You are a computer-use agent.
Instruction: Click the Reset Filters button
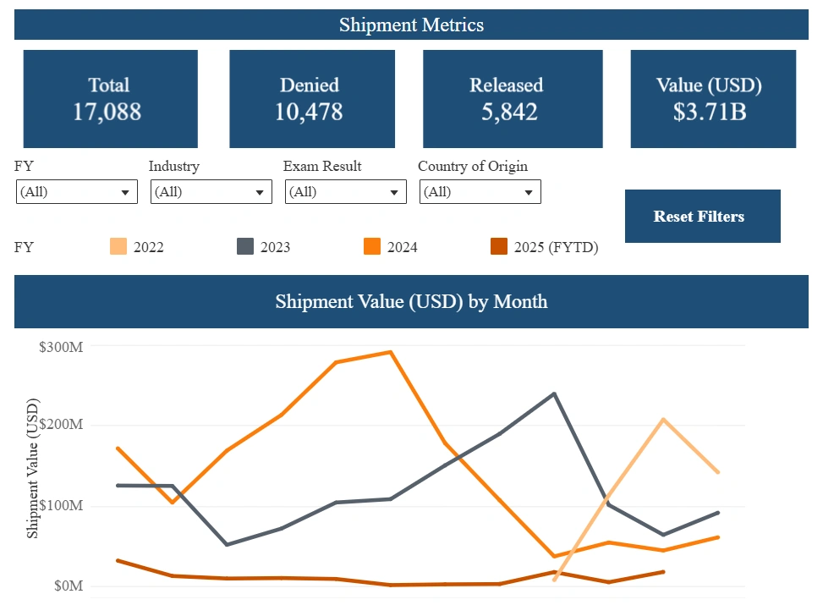coord(699,217)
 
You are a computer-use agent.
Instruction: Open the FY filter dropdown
coord(76,192)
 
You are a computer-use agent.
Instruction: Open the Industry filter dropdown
coord(211,192)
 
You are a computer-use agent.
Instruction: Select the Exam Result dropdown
coord(345,192)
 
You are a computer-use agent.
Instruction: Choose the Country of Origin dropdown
coord(480,192)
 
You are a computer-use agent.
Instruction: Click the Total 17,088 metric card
coord(110,99)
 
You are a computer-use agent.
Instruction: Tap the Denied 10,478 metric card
coord(311,99)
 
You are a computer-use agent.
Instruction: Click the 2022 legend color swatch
coord(118,247)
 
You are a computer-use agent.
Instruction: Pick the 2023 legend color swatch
coord(245,247)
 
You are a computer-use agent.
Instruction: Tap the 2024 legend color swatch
coord(372,247)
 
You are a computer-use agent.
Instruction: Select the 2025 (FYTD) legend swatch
coord(499,247)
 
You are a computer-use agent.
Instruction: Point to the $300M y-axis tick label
coord(61,345)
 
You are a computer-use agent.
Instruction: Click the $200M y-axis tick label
coord(61,425)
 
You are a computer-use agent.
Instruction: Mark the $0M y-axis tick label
coord(67,586)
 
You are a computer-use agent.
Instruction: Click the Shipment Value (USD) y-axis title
coord(33,468)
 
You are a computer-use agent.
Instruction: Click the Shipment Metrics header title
coord(411,25)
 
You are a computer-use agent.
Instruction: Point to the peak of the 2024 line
coord(390,352)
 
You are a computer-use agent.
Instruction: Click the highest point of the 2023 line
coord(554,393)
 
